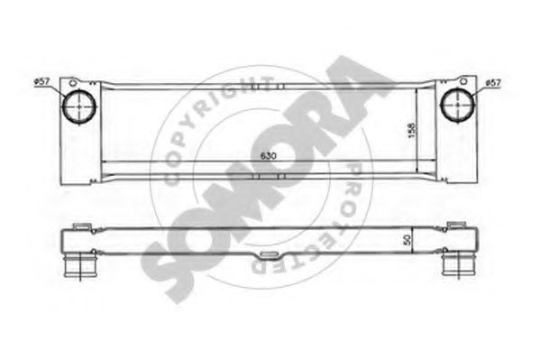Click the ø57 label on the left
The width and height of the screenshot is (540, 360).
(41, 83)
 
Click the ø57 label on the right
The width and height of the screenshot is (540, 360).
(492, 83)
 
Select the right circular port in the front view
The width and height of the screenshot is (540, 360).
(457, 106)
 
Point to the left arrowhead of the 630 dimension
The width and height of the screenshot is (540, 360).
(103, 162)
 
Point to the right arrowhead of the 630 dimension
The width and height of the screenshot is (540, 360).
(432, 162)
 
